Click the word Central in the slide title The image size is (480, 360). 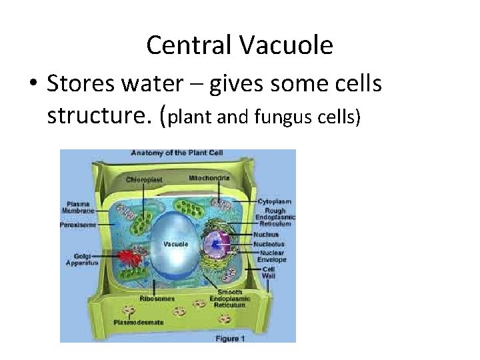coord(189,45)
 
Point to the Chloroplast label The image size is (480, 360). coord(143,179)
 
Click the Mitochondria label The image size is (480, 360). coord(209,179)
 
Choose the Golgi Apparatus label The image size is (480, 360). coord(81,259)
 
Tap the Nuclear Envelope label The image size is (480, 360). coord(273,256)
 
